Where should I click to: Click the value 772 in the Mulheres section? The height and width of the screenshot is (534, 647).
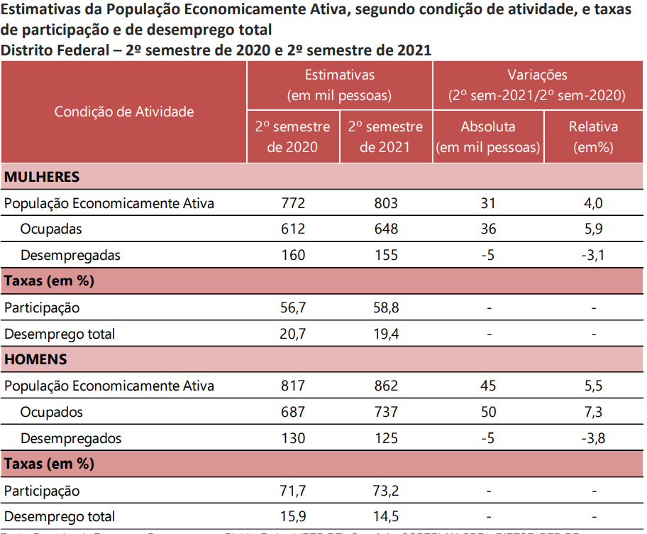pos(293,204)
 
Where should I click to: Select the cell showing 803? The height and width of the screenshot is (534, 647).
pos(386,204)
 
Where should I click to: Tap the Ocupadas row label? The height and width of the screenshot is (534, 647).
pos(51,229)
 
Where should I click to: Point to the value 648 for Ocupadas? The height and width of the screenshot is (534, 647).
pos(386,229)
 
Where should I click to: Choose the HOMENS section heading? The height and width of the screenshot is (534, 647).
pos(35,359)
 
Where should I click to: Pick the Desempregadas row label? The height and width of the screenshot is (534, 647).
pos(70,255)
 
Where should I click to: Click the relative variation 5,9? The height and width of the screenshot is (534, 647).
pos(593,229)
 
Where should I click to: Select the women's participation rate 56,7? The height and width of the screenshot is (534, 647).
pos(293,307)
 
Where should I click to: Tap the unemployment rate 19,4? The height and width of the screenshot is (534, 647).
pos(386,334)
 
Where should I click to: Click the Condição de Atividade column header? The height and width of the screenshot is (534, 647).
pos(124,111)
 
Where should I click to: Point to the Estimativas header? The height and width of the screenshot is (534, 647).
pos(339,75)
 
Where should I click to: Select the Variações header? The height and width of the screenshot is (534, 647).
pos(537,75)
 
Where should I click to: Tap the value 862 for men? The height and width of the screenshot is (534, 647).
pos(386,386)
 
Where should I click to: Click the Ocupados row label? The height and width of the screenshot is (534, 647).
pos(51,412)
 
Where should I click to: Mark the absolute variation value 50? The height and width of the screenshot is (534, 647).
pos(488,412)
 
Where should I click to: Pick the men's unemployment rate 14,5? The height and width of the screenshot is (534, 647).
pos(386,516)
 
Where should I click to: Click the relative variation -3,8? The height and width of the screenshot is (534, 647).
pos(593,438)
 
